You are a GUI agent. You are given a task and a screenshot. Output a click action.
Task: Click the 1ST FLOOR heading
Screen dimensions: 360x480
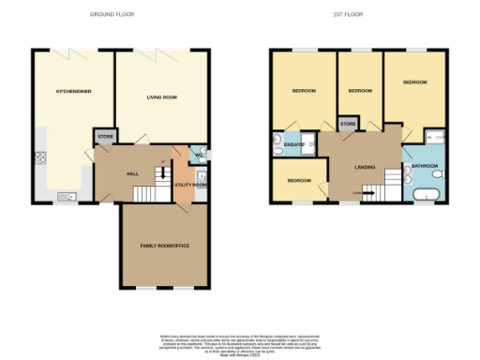pos(349,15)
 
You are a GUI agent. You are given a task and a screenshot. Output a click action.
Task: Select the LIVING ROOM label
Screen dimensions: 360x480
pos(162,97)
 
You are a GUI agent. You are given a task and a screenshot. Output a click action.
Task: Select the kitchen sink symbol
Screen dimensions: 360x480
pos(65,196)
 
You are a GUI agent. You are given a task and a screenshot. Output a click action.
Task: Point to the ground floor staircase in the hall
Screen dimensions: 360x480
pos(146,194)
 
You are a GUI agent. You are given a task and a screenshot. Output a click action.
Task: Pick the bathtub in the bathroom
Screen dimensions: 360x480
pos(427,195)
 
